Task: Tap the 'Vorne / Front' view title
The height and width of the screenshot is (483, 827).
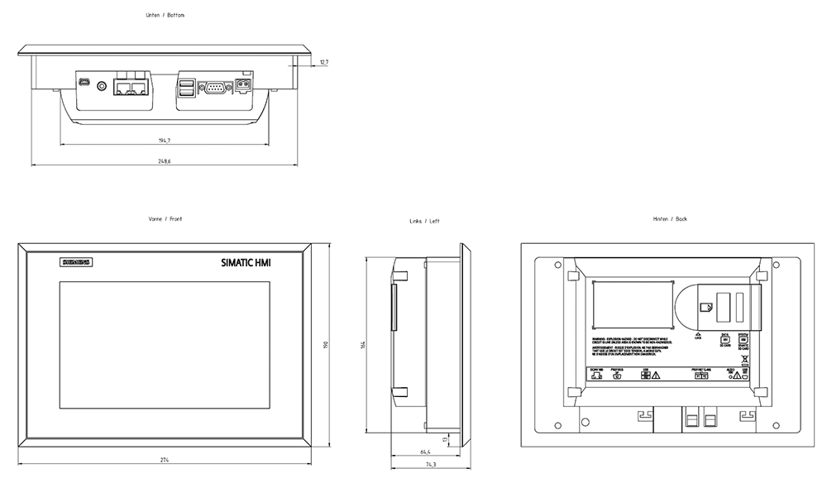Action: coord(165,219)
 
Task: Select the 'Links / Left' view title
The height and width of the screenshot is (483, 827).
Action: coord(424,222)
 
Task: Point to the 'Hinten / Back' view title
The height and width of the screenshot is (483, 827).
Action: coord(670,219)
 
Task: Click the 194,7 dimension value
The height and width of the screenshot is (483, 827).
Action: coord(165,141)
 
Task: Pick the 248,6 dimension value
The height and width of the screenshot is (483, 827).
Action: coord(164,160)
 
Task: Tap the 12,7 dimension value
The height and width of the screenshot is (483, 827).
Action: coord(323,62)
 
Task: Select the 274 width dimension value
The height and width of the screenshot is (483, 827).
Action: coord(165,459)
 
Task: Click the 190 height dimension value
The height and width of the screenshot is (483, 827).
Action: coord(327,344)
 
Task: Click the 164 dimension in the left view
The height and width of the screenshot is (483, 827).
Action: coord(363,344)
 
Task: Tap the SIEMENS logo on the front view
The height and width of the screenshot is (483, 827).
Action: coord(74,263)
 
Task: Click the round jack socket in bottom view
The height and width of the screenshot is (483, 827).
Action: coord(103,84)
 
